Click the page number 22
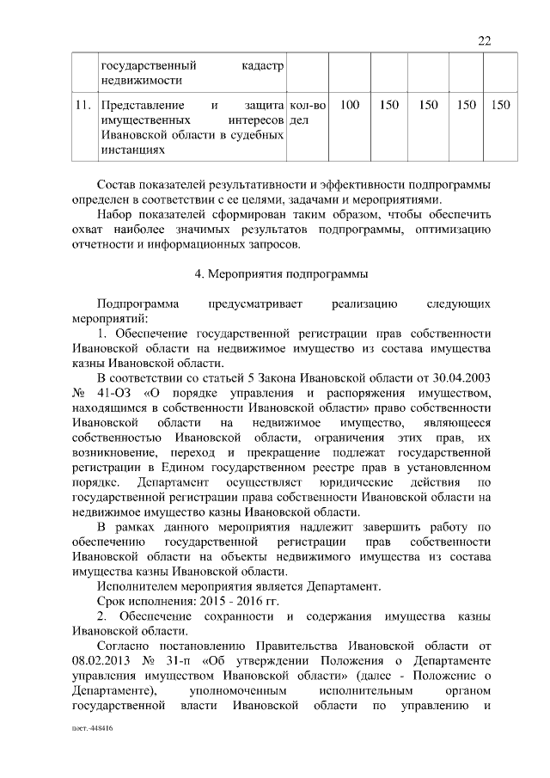coord(483,41)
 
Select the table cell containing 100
coord(350,105)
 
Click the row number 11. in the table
coord(83,105)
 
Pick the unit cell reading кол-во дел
coord(309,113)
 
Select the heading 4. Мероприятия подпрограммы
coord(282,274)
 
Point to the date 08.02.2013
coord(102,659)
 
